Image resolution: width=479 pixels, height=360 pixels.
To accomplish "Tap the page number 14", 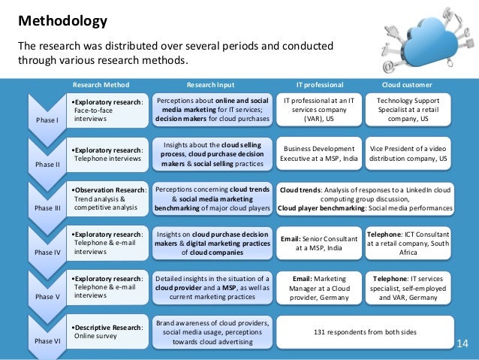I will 462,344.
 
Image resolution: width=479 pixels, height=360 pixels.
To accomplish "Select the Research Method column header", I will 101,84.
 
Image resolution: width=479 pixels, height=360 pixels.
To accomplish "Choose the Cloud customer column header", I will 412,84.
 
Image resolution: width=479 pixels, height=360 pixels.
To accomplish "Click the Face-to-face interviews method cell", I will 107,110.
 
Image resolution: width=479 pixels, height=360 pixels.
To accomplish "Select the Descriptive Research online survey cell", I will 107,331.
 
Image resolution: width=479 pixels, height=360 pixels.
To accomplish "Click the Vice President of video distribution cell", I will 412,153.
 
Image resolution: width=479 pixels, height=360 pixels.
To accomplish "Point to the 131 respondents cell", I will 366,331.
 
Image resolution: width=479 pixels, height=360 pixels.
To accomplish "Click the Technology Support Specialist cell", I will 412,110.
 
